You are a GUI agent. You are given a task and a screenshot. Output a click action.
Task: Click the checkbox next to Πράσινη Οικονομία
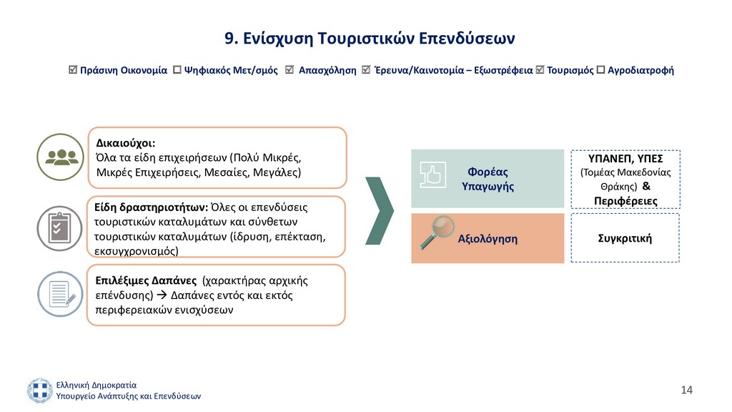tap(72, 69)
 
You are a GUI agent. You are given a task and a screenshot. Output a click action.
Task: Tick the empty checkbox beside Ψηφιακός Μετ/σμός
tap(177, 69)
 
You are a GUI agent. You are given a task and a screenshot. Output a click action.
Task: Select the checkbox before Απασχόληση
tap(290, 69)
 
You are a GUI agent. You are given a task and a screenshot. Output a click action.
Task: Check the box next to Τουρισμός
tap(540, 69)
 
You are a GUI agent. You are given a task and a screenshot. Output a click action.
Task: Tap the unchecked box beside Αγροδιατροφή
tap(600, 69)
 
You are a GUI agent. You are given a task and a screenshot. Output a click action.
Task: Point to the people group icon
tap(61, 157)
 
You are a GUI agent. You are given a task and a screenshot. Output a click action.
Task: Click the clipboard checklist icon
tap(60, 228)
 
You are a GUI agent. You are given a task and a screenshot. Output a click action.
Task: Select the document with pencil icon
tap(61, 294)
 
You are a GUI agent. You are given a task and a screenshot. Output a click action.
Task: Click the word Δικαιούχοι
tap(126, 143)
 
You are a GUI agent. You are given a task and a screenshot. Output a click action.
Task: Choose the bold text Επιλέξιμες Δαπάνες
tap(146, 280)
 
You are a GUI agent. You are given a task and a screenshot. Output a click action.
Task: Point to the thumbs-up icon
tap(432, 175)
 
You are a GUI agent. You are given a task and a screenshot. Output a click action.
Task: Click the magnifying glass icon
tap(437, 232)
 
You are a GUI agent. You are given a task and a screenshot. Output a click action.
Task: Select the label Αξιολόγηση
tap(488, 239)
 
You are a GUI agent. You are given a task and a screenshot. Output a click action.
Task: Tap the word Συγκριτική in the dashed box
tap(625, 238)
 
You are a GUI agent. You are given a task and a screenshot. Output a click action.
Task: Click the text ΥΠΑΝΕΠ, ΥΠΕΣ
tap(625, 159)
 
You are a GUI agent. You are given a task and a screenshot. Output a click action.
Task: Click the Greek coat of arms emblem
tap(40, 391)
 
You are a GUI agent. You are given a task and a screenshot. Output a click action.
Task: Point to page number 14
tap(687, 390)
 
